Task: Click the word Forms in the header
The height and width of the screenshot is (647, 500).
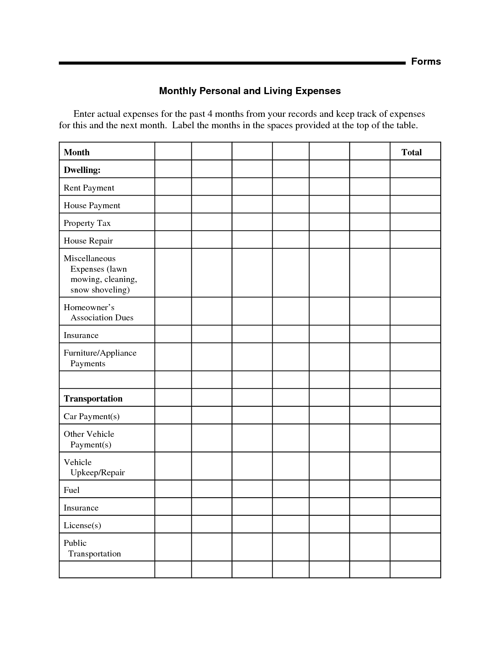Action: (x=426, y=62)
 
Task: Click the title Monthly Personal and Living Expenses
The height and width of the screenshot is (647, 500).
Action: (x=250, y=91)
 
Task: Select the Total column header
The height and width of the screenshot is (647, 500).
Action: (x=411, y=152)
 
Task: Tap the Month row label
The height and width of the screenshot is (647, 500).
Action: (x=77, y=152)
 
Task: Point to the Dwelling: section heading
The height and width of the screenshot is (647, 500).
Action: (x=82, y=170)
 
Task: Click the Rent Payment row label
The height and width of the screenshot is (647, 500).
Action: (x=89, y=188)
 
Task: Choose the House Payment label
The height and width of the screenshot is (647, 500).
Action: (x=92, y=205)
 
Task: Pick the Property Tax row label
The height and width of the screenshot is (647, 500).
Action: (x=87, y=223)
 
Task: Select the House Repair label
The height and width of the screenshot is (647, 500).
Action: (x=88, y=241)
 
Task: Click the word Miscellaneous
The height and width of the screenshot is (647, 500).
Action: (x=90, y=258)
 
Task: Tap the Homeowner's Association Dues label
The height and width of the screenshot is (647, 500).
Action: (x=98, y=313)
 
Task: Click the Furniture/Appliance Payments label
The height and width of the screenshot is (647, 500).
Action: (x=100, y=358)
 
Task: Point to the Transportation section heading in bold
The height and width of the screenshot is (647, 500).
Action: (x=93, y=399)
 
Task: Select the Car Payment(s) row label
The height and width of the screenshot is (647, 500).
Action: (x=92, y=416)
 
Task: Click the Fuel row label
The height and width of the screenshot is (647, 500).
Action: (x=72, y=490)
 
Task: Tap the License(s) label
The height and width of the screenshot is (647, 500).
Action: (x=82, y=525)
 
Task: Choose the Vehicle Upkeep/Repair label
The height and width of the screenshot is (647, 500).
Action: (x=94, y=467)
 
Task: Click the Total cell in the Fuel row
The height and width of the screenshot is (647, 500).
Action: (x=415, y=489)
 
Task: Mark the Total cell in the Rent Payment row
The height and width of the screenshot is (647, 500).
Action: (x=415, y=187)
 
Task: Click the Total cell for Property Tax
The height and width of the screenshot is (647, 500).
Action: (x=415, y=222)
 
